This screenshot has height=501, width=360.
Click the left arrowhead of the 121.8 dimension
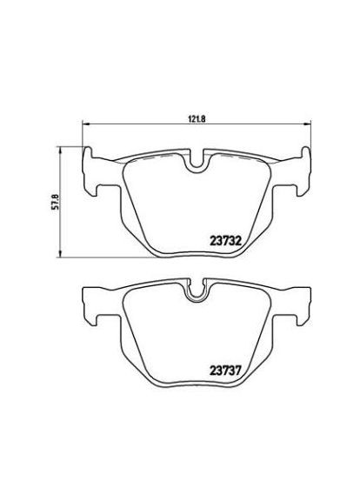pyautogui.click(x=85, y=121)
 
